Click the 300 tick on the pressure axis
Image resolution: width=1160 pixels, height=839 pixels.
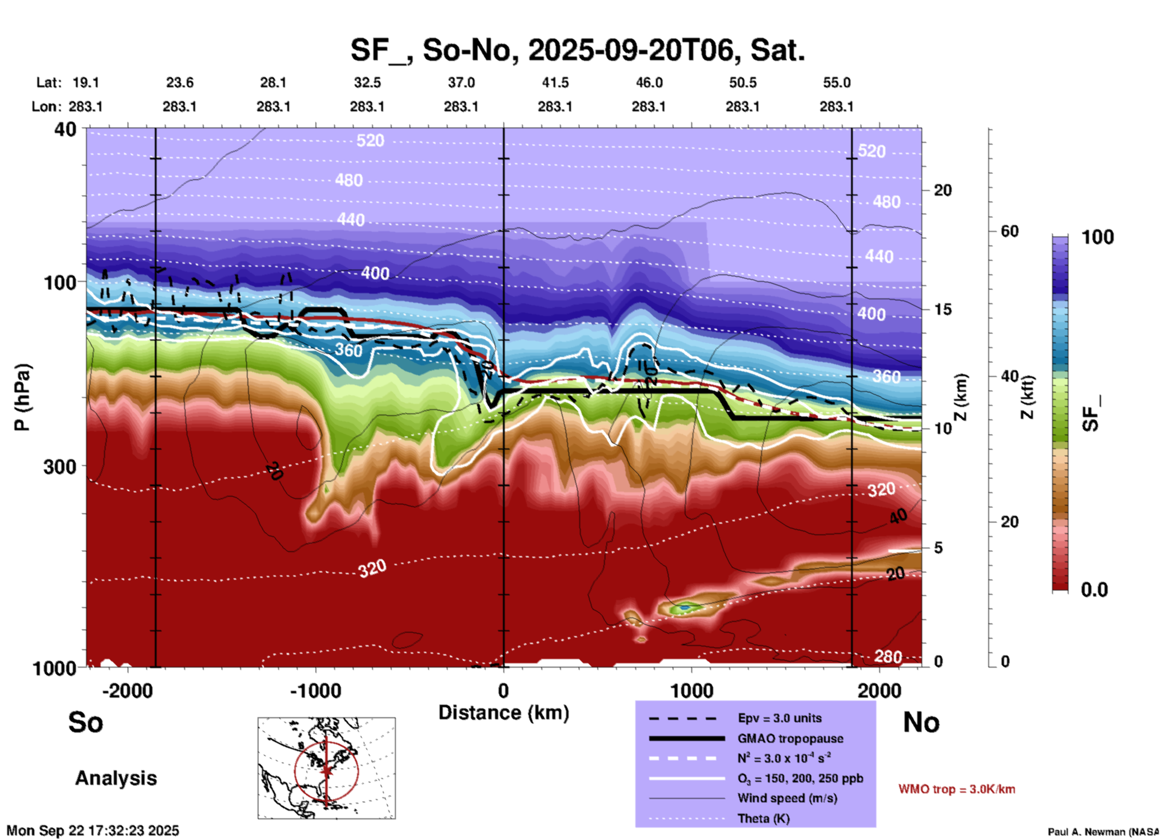point(60,466)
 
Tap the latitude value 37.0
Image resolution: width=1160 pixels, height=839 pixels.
point(461,82)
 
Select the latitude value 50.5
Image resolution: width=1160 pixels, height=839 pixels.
point(742,82)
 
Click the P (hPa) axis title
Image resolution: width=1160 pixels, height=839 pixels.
point(22,397)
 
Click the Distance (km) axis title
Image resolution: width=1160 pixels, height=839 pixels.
point(504,713)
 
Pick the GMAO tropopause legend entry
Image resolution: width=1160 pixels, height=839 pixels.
point(790,738)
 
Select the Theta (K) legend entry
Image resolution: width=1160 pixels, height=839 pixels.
point(764,819)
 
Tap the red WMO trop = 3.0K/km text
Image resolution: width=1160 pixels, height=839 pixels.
point(956,789)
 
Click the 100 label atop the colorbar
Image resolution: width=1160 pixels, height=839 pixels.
point(1097,237)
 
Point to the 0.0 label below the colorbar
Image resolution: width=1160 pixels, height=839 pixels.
point(1094,589)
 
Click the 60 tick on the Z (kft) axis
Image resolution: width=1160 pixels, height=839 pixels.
point(1009,231)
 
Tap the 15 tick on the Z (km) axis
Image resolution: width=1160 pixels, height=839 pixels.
point(943,309)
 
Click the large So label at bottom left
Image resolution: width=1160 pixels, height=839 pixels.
point(86,722)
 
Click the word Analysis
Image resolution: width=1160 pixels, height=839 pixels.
point(116,778)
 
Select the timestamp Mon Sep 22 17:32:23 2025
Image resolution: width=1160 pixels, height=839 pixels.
point(93,831)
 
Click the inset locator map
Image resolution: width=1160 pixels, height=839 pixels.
point(326,767)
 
